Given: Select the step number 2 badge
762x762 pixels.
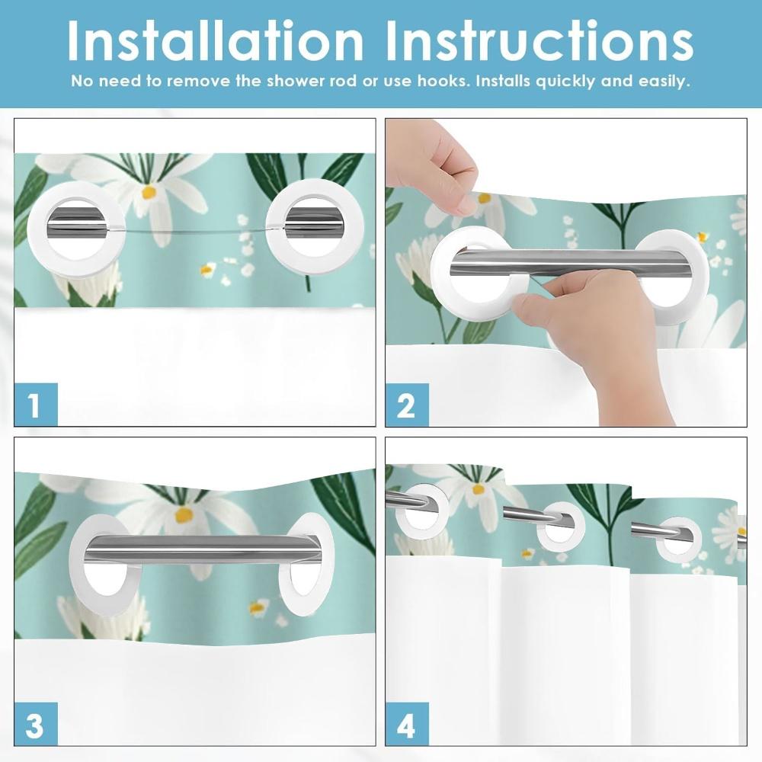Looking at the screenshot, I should point(407,405).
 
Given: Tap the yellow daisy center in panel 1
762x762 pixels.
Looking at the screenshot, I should point(149,193).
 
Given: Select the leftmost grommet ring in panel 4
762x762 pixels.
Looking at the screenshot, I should point(421,509).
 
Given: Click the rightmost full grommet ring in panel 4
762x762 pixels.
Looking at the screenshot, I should point(678,539).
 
